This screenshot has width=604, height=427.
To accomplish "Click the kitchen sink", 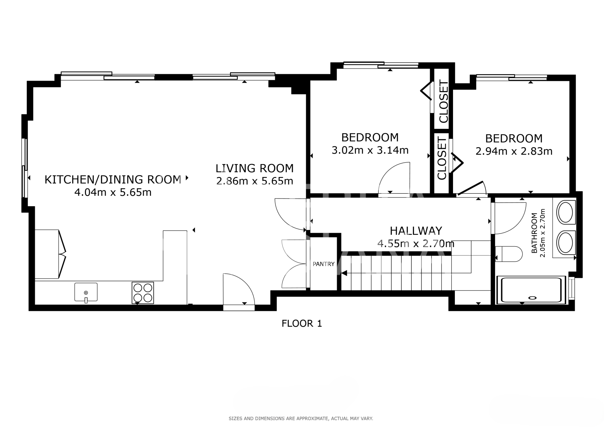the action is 86,292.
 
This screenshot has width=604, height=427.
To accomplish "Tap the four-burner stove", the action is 143,293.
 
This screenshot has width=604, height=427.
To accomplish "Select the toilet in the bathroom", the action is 509,254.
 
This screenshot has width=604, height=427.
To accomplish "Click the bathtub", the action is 531,290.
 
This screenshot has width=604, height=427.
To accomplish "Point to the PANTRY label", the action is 323,264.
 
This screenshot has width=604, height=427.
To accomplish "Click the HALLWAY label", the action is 416,231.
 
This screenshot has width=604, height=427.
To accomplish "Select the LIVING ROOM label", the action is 254,168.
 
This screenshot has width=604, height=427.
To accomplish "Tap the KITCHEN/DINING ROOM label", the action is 113,180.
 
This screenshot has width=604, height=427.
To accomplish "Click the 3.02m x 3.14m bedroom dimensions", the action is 370,150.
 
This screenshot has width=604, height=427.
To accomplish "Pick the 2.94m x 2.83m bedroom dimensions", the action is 514,151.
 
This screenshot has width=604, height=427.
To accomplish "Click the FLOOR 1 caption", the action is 302,323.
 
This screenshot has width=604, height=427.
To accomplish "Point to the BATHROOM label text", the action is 534,233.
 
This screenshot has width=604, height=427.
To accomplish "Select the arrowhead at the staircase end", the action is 344,273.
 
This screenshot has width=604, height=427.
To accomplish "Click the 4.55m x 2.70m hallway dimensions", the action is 416,243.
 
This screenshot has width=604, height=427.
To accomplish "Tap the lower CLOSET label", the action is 442,158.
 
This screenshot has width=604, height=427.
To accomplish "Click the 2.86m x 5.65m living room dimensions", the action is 254,181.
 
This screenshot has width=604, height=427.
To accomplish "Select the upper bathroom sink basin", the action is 566,212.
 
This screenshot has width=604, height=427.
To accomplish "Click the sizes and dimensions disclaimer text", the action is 301,419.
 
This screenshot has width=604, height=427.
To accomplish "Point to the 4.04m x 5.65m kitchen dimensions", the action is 113,192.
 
